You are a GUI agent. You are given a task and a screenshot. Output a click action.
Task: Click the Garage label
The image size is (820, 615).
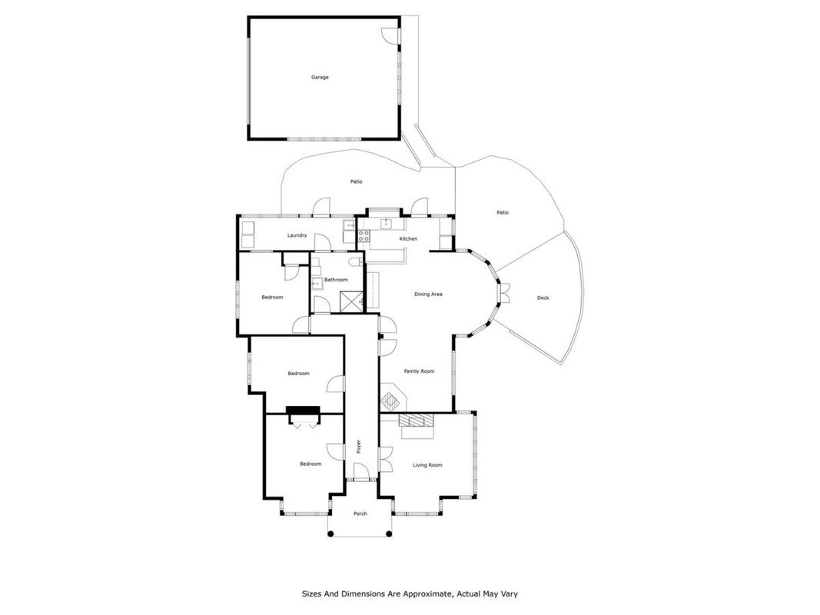320,78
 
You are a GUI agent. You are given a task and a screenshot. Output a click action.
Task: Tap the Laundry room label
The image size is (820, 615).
297,235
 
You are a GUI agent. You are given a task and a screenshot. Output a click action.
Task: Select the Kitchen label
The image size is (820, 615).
408,238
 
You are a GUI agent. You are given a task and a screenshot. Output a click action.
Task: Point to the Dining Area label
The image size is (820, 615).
428,294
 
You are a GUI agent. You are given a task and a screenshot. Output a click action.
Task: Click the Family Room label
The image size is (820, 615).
419,371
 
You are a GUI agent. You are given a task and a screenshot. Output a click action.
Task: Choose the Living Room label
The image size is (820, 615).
427,465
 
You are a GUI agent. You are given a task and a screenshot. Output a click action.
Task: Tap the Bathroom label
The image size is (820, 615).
336,280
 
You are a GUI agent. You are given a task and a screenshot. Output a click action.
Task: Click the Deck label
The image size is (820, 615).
543,298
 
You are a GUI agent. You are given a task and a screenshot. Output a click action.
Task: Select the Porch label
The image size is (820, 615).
360,514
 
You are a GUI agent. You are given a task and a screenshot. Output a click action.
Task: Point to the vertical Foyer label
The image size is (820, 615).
359,446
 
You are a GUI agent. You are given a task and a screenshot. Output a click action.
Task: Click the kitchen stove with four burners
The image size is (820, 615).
364,236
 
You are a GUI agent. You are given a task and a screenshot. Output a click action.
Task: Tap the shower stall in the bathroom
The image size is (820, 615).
351,302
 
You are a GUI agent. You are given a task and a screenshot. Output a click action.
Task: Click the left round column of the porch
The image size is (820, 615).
330,534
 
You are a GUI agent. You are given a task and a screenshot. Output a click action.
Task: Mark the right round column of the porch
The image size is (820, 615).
389,534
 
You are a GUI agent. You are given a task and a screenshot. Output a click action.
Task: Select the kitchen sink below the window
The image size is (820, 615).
387,224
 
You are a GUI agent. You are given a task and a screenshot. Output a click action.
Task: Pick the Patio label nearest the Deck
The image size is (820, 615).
502,212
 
